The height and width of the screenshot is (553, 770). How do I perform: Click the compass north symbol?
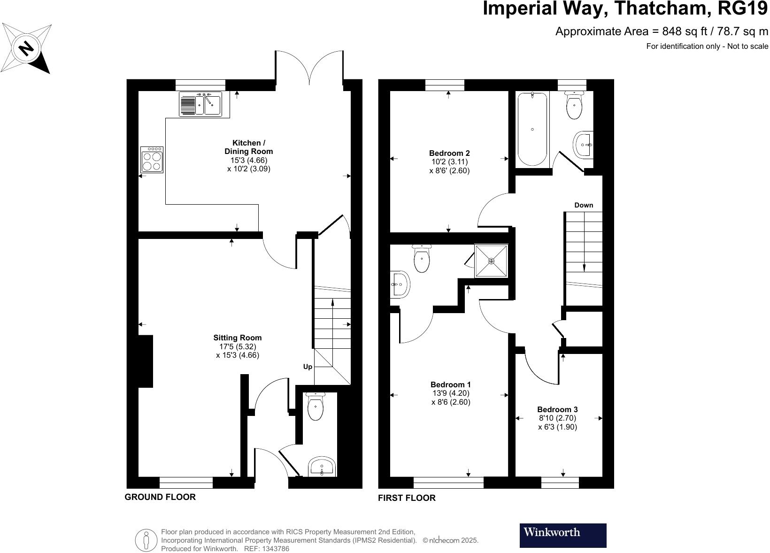26,48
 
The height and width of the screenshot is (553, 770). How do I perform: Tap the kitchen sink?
200,104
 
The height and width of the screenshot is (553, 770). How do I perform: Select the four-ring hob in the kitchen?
152,160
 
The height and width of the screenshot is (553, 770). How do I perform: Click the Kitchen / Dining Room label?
248,147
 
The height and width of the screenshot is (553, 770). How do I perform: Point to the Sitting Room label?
238,338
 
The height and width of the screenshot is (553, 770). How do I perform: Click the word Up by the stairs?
308,367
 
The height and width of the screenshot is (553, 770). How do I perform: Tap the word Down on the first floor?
584,205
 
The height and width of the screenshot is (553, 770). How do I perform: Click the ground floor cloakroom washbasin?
322,467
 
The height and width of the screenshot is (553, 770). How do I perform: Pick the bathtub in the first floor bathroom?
532,129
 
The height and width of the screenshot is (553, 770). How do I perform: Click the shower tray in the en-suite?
491,261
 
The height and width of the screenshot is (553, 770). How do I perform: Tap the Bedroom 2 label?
449,154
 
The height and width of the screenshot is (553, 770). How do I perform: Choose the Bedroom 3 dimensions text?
557,423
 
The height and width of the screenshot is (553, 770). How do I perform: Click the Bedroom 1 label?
451,384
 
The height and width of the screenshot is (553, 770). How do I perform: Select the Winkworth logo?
563,535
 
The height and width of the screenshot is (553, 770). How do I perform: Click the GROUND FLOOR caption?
160,497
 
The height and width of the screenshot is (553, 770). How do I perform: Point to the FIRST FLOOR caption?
407,498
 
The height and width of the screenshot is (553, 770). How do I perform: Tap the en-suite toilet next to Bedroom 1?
422,258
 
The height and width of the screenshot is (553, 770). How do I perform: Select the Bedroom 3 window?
560,483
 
